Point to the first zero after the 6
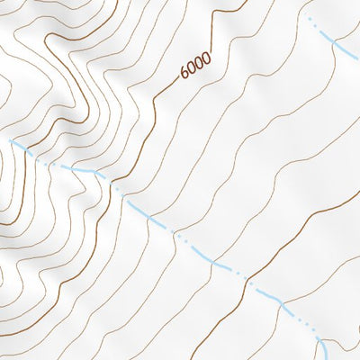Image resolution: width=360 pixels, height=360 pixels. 192,70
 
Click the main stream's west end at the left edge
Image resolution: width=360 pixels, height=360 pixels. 11,140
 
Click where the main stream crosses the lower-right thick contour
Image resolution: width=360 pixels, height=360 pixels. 245,281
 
